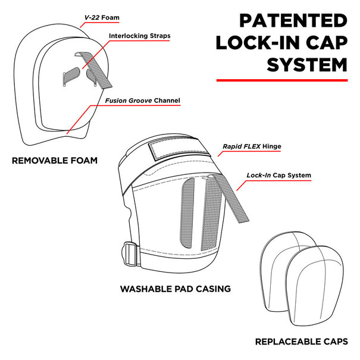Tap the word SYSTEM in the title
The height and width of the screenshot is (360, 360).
[x=306, y=64]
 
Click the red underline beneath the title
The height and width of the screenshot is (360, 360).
[x=281, y=79]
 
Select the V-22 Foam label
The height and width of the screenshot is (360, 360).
[x=102, y=18]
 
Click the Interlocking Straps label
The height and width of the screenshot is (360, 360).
[x=140, y=36]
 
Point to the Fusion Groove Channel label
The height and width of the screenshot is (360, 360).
[x=143, y=101]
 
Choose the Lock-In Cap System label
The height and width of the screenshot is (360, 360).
[x=279, y=176]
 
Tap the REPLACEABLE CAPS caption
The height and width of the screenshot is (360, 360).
[x=301, y=342]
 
